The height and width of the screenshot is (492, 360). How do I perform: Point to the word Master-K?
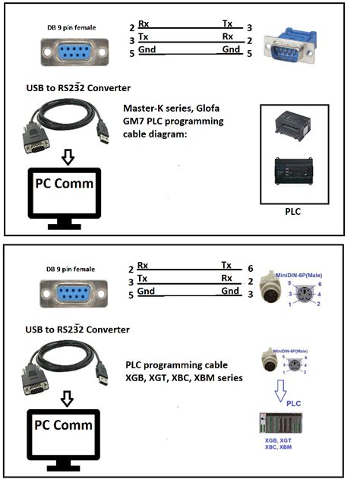(x=150, y=108)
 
